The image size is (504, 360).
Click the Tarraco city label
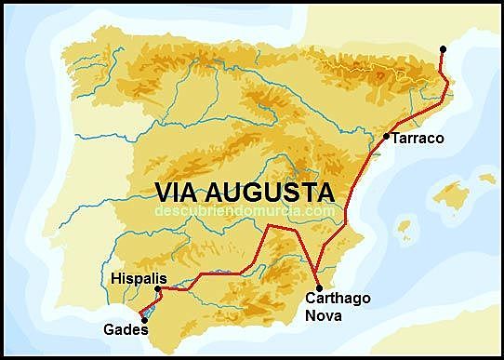click(418, 139)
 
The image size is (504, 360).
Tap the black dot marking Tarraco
click(386, 137)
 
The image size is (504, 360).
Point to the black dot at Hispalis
click(158, 289)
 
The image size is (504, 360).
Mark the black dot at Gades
click(143, 320)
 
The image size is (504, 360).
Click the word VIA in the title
click(177, 193)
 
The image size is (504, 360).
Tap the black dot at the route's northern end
click(443, 48)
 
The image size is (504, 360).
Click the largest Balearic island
click(452, 195)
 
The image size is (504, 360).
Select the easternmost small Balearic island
click(487, 177)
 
